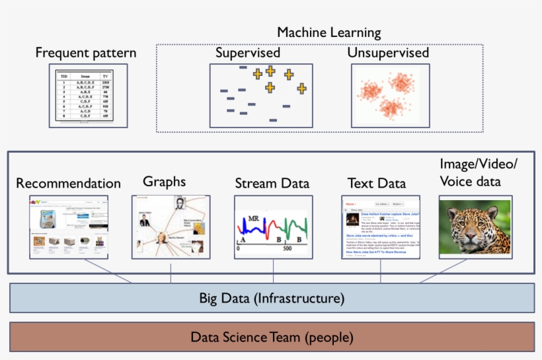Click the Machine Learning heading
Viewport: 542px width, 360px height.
329,32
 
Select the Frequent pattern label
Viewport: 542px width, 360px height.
86,53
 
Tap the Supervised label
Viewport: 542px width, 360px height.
248,53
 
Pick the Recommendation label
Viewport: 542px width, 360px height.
69,183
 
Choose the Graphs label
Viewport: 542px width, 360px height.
165,181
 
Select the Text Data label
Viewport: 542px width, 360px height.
377,183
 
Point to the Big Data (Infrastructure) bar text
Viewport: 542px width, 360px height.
272,298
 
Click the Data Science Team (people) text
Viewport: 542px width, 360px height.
272,338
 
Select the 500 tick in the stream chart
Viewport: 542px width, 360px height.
288,249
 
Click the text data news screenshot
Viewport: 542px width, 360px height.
381,226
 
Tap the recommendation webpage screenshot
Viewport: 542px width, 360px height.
69,226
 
